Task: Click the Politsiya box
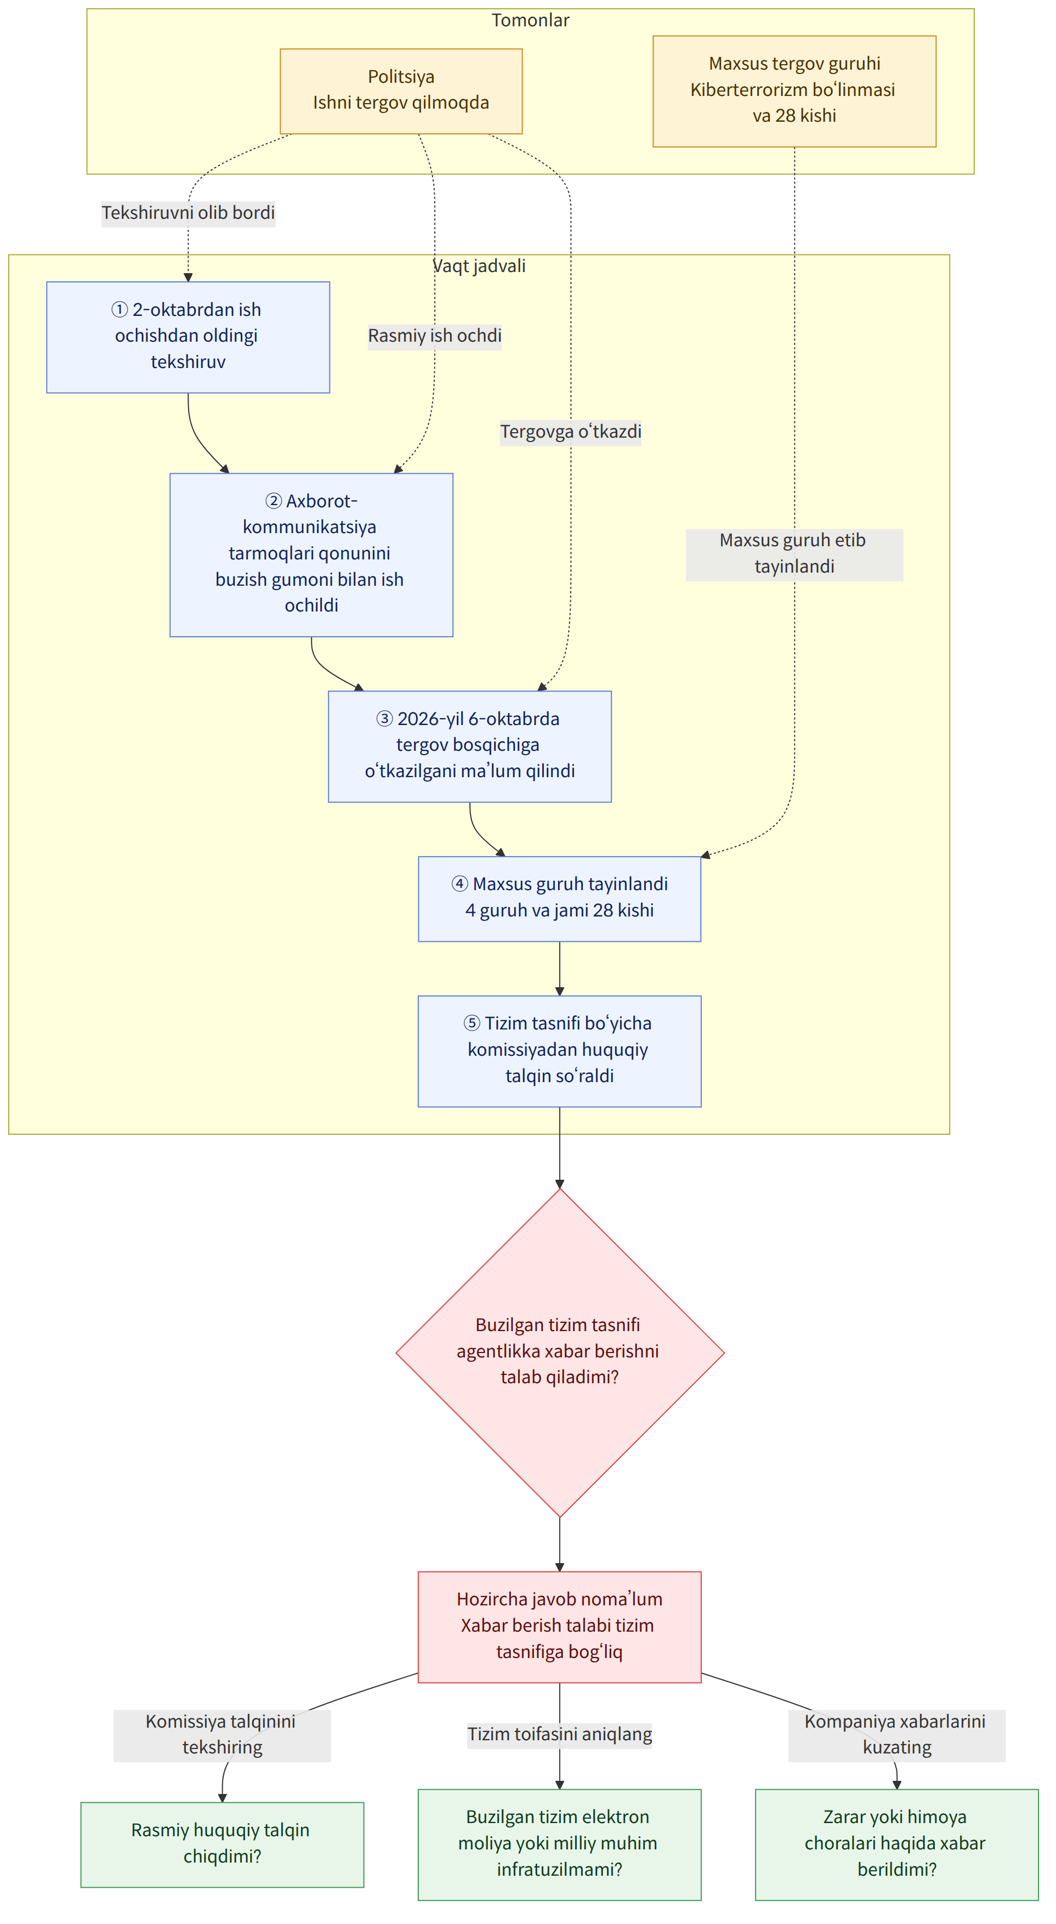click(401, 91)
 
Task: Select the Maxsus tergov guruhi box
click(794, 91)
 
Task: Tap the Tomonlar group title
click(530, 20)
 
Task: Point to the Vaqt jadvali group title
click(479, 266)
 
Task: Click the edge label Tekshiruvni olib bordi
click(188, 213)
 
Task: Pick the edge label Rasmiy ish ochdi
click(435, 335)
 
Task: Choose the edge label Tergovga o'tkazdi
click(571, 432)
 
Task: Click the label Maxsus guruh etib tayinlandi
click(794, 553)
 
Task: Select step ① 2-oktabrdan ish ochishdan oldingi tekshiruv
click(188, 337)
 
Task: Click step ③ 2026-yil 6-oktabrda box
click(470, 745)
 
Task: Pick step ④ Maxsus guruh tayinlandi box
click(559, 898)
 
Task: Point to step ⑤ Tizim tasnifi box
click(559, 1050)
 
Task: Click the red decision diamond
click(559, 1352)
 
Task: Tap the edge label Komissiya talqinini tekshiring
click(222, 1735)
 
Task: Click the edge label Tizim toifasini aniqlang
click(559, 1734)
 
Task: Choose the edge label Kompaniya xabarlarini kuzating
click(896, 1735)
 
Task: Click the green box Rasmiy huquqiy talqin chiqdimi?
click(222, 1843)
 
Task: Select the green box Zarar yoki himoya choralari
click(896, 1843)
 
